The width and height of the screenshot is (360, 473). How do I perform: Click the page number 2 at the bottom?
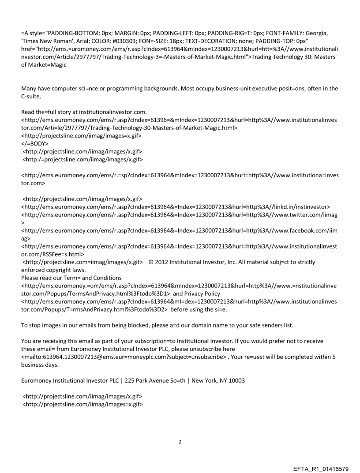click(x=180, y=441)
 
